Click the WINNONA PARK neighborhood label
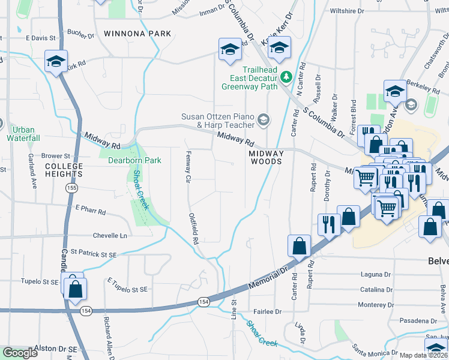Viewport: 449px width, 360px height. click(x=137, y=34)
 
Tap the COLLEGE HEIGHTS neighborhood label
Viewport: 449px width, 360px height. click(x=64, y=170)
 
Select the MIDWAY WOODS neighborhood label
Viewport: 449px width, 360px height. click(x=266, y=157)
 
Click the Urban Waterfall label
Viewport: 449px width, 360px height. click(x=24, y=134)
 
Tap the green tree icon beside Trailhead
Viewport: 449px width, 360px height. click(x=286, y=76)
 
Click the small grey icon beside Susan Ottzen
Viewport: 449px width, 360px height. click(x=263, y=121)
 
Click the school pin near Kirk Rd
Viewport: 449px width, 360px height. click(x=56, y=61)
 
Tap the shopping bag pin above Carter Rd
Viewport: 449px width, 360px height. click(x=299, y=245)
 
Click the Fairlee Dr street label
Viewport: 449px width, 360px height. click(x=267, y=311)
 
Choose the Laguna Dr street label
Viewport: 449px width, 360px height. click(x=376, y=274)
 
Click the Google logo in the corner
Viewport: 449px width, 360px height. click(x=20, y=353)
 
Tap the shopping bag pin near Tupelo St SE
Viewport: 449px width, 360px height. click(x=75, y=289)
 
